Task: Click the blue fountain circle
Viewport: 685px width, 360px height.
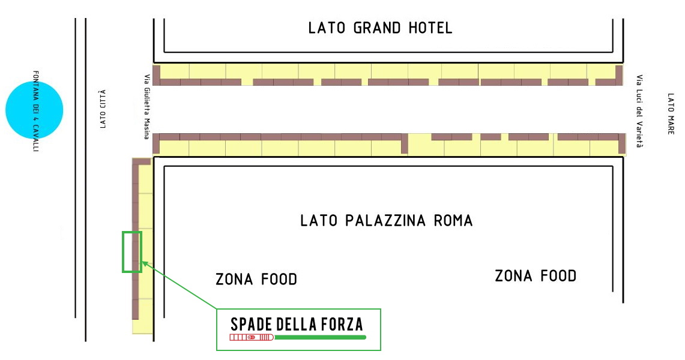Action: click(34, 110)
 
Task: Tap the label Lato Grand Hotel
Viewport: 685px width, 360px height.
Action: click(380, 28)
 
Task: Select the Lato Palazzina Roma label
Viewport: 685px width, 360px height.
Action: click(387, 220)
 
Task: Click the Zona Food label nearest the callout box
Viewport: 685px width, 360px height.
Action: click(256, 279)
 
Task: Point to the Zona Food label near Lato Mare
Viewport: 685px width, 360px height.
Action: click(536, 276)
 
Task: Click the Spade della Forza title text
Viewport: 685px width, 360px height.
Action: click(297, 325)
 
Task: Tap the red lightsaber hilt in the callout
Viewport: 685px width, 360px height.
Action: click(252, 337)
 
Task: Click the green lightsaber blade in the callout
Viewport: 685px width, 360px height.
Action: click(320, 337)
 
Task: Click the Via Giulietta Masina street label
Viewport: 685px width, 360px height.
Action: click(147, 107)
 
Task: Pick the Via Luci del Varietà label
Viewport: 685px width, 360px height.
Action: click(639, 111)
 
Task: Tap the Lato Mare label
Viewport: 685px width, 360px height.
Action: click(671, 113)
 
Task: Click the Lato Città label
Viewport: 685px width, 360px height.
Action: click(103, 109)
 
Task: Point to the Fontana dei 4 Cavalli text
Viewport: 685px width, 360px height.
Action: click(36, 111)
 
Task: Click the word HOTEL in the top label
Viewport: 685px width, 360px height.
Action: click(430, 28)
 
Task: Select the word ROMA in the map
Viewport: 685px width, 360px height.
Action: click(453, 220)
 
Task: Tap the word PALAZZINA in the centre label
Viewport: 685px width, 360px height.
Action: click(385, 220)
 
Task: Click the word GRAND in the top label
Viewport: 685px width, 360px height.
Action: click(377, 28)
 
